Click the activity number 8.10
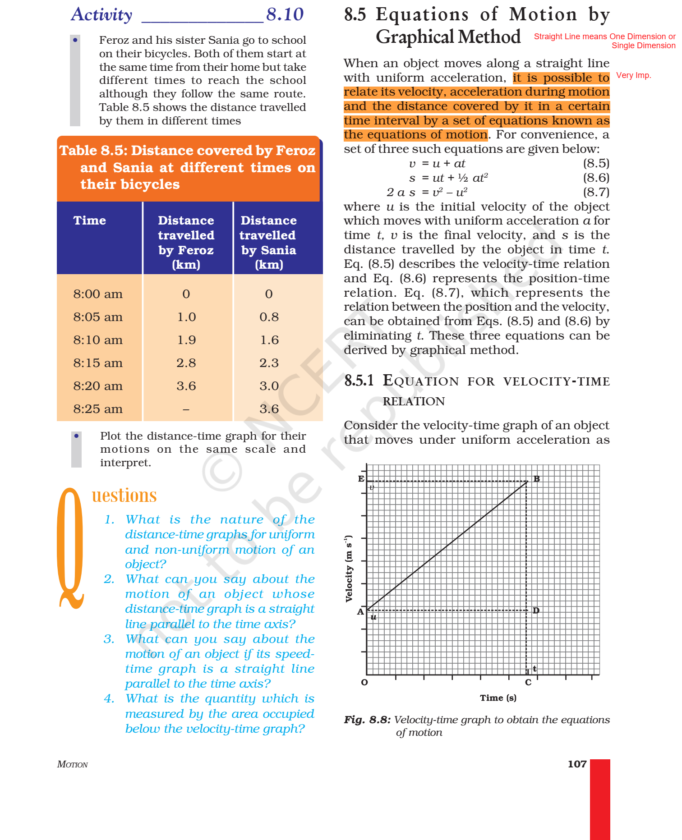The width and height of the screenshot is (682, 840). (285, 14)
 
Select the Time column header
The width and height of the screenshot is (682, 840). (90, 220)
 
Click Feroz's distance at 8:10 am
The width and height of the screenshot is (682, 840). (186, 340)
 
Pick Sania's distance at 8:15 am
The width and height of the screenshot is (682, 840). (269, 363)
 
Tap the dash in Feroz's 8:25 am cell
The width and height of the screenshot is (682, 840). (186, 409)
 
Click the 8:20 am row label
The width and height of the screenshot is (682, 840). (98, 386)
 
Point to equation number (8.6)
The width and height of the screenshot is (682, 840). (596, 178)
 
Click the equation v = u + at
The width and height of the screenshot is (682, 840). (437, 163)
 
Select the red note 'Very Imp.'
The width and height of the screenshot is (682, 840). (633, 75)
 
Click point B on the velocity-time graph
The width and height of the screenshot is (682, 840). (536, 479)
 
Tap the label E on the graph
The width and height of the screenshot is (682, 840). (361, 479)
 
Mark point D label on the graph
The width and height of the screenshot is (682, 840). (536, 610)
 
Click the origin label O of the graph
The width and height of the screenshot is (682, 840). (364, 682)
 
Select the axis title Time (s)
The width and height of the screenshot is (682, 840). (498, 698)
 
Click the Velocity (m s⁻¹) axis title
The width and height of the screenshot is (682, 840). (349, 568)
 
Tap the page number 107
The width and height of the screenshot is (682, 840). (577, 764)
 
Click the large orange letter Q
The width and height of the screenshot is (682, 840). (71, 548)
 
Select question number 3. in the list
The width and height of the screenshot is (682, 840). (109, 639)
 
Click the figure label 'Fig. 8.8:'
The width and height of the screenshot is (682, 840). (367, 720)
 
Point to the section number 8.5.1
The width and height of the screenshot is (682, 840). (359, 381)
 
